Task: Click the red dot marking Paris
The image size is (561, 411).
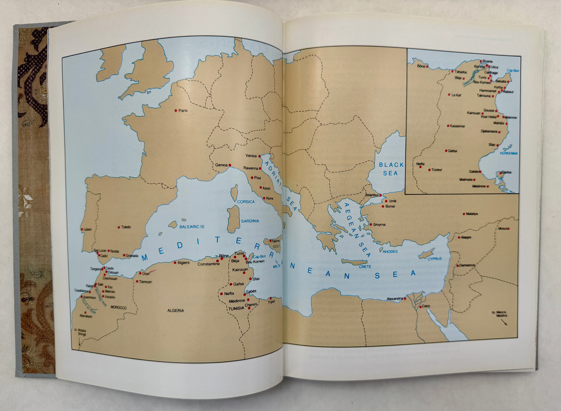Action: (176, 110)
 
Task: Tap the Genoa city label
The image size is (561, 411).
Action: (221, 165)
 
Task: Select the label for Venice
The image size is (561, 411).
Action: (251, 156)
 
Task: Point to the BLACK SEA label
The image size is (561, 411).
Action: (391, 169)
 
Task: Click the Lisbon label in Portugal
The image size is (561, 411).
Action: (88, 229)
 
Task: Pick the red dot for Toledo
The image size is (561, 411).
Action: (119, 227)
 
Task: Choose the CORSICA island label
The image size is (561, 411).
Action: (246, 202)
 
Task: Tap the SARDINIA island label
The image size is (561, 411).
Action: (250, 221)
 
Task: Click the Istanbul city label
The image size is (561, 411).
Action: (371, 195)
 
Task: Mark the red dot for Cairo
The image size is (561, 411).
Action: (419, 307)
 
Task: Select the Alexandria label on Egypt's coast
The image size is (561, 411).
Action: (395, 299)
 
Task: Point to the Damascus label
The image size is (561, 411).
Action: (467, 265)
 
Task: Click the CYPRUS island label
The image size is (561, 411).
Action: (435, 258)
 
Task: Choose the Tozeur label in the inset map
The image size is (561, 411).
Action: (437, 170)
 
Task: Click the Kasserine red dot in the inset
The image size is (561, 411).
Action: (448, 126)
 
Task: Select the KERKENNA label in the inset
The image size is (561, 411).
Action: (509, 154)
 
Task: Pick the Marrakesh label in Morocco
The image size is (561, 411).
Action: (86, 316)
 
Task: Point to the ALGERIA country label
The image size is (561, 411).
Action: (175, 310)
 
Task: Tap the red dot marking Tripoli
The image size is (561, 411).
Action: (271, 298)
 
